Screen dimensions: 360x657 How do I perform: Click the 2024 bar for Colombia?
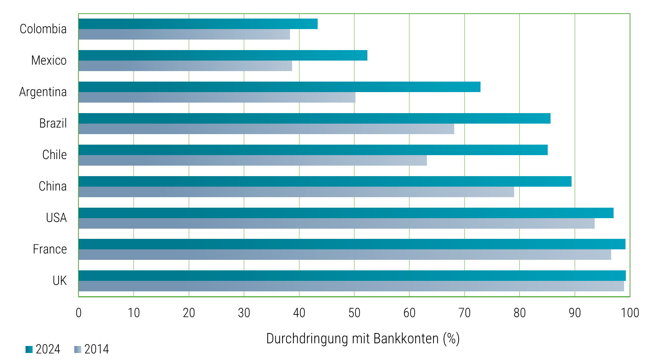[198, 24]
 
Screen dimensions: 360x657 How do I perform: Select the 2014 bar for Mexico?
[185, 66]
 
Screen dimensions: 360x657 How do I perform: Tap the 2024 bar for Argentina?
[279, 87]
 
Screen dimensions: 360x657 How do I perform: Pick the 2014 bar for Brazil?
[266, 129]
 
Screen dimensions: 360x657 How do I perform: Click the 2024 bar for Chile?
[313, 150]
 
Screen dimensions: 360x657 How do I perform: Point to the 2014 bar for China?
[296, 192]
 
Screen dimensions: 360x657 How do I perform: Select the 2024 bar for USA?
[346, 213]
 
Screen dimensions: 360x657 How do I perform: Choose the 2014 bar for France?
[345, 255]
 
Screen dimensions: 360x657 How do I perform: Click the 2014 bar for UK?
[351, 286]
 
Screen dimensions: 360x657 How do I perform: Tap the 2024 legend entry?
[43, 349]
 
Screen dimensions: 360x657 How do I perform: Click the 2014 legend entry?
[92, 349]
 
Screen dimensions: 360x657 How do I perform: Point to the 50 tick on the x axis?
[354, 313]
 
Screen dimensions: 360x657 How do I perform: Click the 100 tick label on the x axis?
[630, 313]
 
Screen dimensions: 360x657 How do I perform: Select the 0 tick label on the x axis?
[78, 313]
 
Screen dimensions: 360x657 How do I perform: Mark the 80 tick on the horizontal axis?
[519, 313]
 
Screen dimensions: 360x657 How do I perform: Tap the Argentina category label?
[43, 92]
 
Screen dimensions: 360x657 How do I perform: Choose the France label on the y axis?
[50, 249]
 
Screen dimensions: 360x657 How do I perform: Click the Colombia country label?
[43, 29]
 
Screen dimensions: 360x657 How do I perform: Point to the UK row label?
[60, 281]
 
